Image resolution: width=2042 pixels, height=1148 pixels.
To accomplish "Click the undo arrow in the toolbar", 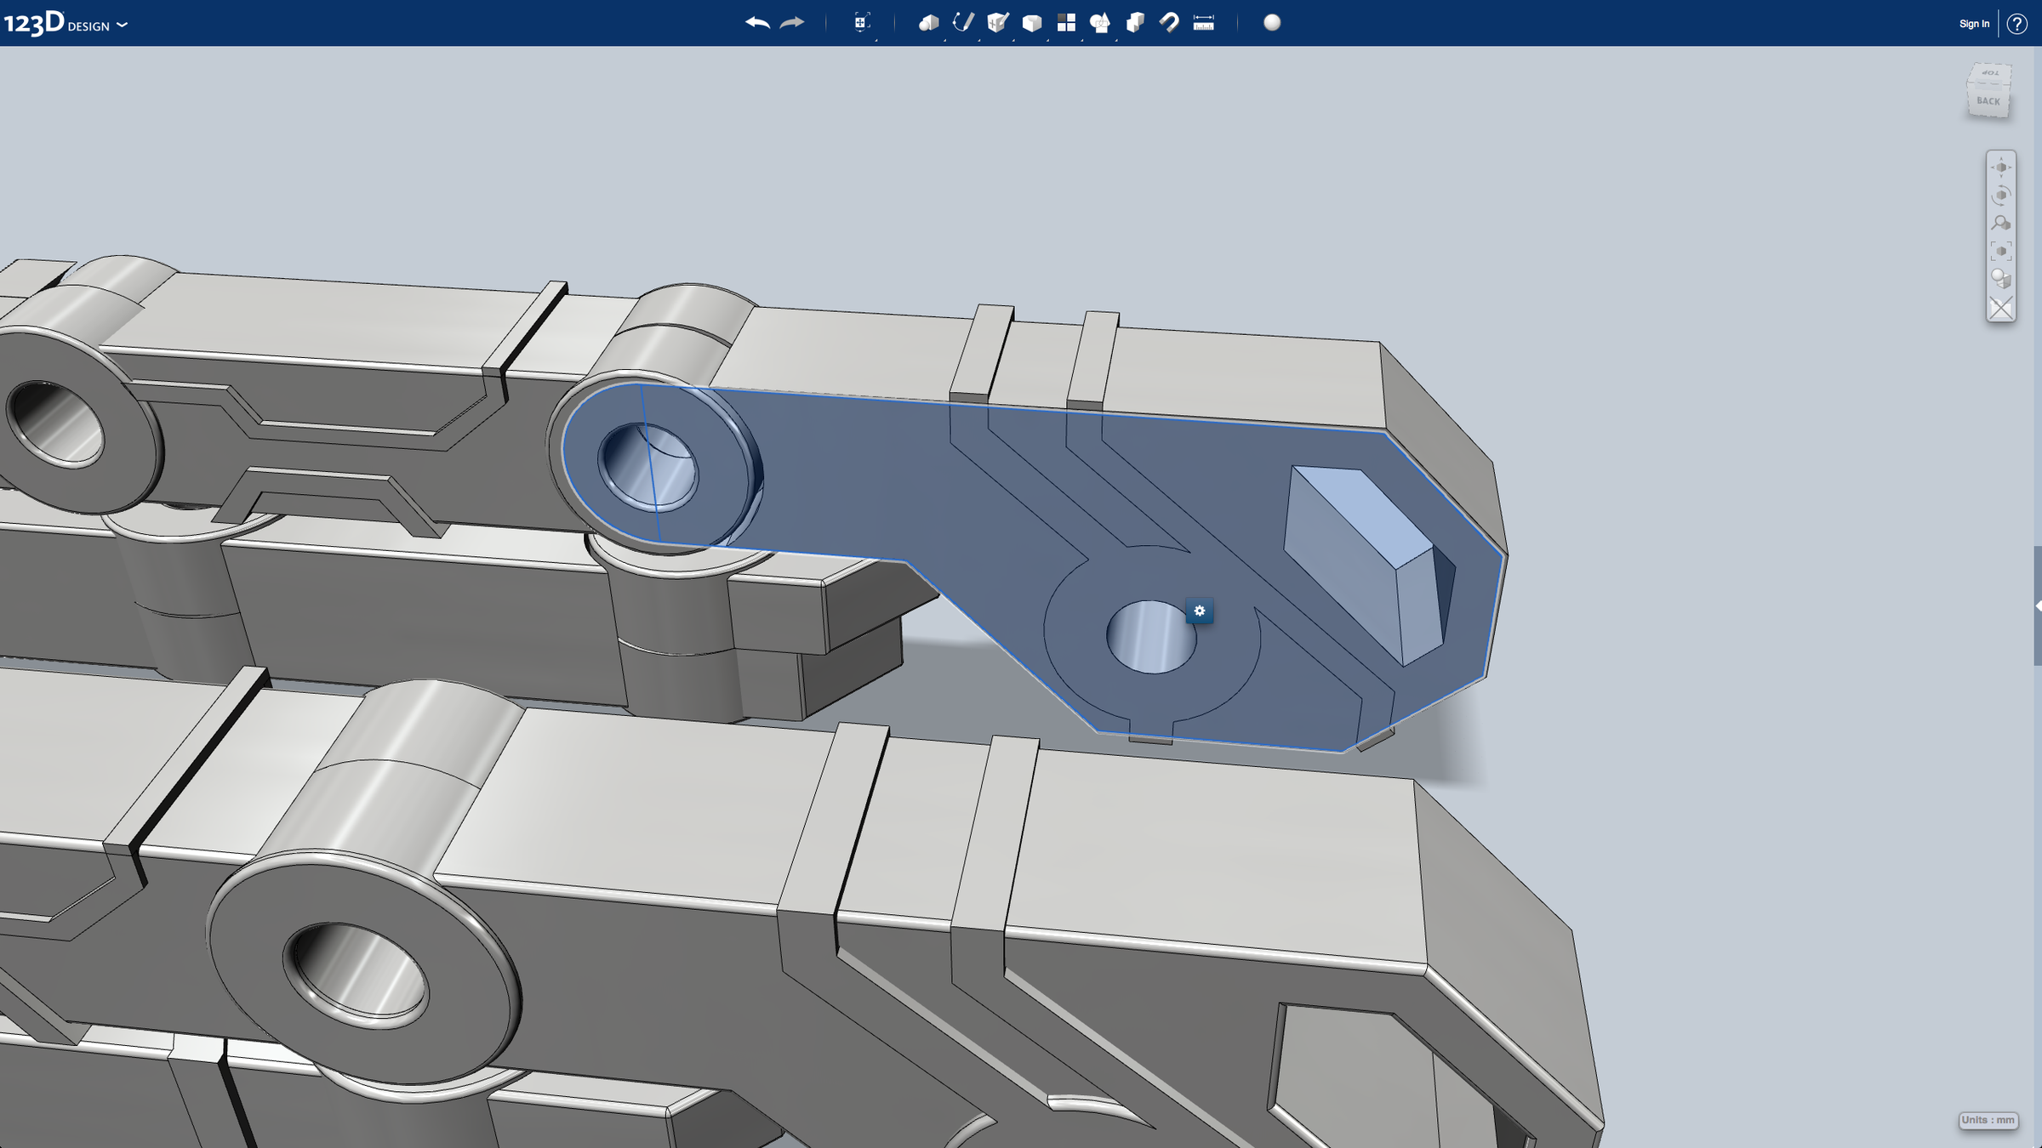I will (756, 23).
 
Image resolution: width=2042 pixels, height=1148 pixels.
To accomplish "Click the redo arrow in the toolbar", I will (792, 23).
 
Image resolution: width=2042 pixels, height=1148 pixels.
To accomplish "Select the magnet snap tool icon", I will (1169, 23).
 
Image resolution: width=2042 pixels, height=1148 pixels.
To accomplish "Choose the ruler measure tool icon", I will (1203, 23).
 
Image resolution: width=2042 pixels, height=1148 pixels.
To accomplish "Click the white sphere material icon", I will (1272, 23).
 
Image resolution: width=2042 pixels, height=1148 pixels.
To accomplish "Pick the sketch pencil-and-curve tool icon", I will (963, 23).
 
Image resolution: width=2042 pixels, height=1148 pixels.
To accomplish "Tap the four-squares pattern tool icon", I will (1066, 23).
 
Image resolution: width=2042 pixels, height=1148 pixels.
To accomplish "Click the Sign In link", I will (1973, 24).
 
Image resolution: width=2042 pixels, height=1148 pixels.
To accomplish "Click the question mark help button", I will (2016, 24).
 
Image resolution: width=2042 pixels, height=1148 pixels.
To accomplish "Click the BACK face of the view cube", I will (1988, 101).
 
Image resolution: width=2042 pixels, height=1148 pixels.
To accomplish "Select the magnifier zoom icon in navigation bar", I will (2000, 224).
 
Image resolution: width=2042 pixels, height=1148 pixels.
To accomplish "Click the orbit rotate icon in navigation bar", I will (2000, 196).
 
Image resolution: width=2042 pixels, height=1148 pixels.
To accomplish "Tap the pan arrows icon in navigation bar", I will (2000, 168).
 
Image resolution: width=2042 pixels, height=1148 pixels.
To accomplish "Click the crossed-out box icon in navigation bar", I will (2000, 308).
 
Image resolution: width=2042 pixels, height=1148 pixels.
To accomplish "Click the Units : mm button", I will (1988, 1120).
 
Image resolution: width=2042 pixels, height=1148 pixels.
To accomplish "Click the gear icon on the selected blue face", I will (1200, 611).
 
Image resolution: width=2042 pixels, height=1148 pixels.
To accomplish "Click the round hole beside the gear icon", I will (1150, 637).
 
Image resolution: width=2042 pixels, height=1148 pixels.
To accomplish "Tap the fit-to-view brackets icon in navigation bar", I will (2000, 252).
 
